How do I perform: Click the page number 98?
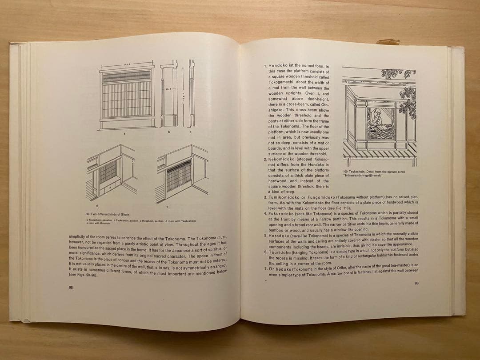(x=72, y=288)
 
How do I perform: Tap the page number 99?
(x=416, y=283)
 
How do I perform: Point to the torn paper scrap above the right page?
(x=388, y=41)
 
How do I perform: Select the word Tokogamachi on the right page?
(x=282, y=83)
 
